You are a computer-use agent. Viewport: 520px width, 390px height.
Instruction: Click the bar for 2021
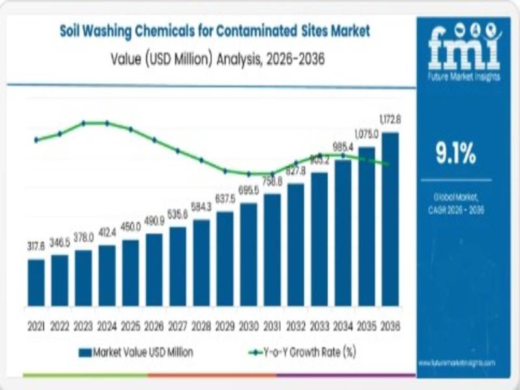(36, 282)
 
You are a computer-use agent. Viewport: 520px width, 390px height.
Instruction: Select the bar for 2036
(390, 218)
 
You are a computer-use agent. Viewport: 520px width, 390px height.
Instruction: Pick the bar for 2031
(272, 250)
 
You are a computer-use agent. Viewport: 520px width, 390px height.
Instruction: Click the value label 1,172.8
(390, 120)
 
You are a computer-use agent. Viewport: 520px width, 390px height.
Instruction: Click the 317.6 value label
(36, 248)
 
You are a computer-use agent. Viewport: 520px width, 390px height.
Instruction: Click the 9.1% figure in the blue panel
(455, 155)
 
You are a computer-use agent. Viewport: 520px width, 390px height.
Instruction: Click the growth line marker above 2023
(84, 123)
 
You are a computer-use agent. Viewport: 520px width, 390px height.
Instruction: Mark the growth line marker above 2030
(249, 174)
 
